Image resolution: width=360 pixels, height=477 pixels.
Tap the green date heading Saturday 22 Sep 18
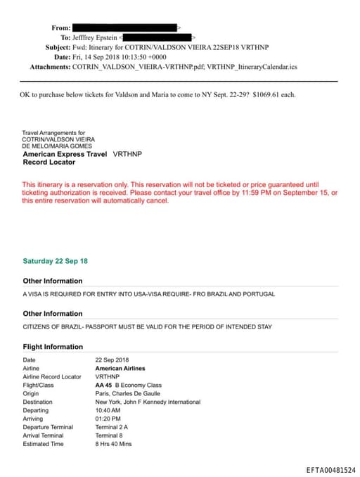coord(55,261)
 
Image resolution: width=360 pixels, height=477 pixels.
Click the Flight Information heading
coord(53,347)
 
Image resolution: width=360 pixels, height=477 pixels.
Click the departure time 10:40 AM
coord(108,410)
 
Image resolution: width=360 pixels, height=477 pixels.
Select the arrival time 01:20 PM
coord(108,419)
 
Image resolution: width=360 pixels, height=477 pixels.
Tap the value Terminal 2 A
coord(111,427)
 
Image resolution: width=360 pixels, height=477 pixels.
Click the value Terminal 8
coord(108,435)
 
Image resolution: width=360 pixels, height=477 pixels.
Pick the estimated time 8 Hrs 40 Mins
coord(114,444)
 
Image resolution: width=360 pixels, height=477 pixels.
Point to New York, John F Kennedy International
coord(148,402)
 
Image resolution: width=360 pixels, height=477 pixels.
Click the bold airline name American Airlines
coord(120,368)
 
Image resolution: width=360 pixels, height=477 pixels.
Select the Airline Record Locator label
coord(52,376)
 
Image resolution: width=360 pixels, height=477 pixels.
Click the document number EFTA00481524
coord(330,470)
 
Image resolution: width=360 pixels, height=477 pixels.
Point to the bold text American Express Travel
coord(65,153)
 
